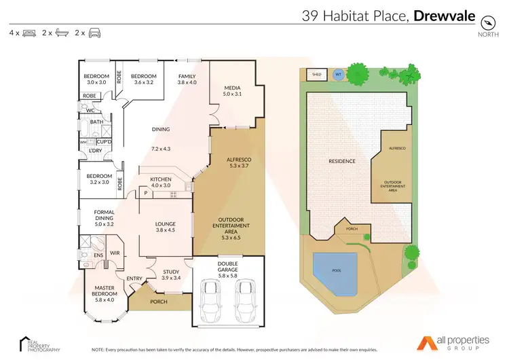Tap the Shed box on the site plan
click(x=316, y=75)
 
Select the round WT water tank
click(x=338, y=75)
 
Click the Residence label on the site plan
click(x=341, y=162)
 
